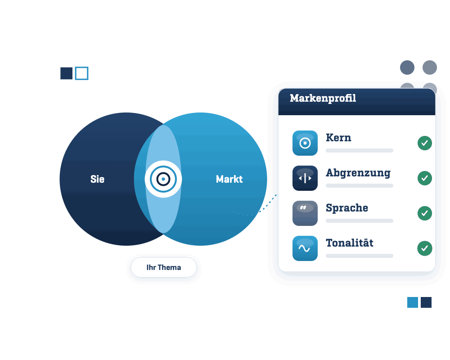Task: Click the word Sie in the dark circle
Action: (x=97, y=179)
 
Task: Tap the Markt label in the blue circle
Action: (x=229, y=179)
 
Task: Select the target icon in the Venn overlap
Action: (x=163, y=179)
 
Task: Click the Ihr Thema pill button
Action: (x=164, y=267)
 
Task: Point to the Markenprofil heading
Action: (x=323, y=99)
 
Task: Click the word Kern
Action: (x=338, y=138)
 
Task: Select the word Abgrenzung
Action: (x=358, y=173)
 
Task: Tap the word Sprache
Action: (x=347, y=208)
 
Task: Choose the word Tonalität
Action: (x=350, y=243)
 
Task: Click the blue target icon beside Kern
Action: (x=305, y=143)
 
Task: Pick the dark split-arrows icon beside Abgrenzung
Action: (x=305, y=178)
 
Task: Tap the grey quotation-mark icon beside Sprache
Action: (x=305, y=213)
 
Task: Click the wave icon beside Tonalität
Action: (x=305, y=248)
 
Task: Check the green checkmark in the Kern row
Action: (x=425, y=143)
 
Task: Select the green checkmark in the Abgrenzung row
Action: (x=425, y=178)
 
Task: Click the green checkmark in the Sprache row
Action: (x=425, y=213)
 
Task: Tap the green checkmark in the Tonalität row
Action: (x=425, y=248)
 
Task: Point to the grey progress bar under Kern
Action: (x=359, y=150)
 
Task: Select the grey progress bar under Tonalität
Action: (x=359, y=256)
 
